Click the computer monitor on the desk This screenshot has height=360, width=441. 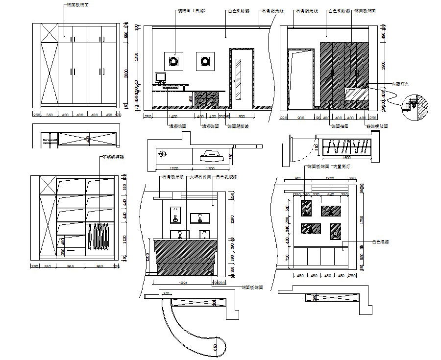pyautogui.click(x=160, y=77)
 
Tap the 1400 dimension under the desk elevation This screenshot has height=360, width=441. pyautogui.click(x=172, y=117)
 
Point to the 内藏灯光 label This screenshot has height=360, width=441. pyautogui.click(x=400, y=84)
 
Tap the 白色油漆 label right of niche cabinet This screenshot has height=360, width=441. pyautogui.click(x=380, y=241)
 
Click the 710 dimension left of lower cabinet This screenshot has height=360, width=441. pyautogui.click(x=287, y=257)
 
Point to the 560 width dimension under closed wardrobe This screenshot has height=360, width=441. pyautogui.click(x=49, y=115)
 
